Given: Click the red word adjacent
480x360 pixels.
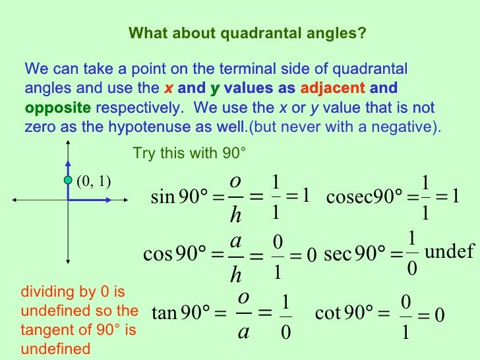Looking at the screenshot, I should [x=333, y=88].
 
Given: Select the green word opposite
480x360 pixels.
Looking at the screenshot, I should [x=57, y=107].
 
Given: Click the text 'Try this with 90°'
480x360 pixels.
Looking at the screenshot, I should [x=189, y=154].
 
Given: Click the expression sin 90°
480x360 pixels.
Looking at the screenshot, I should [x=179, y=197].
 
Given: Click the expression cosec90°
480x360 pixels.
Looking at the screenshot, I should [x=365, y=197].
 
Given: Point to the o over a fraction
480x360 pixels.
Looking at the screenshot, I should [x=244, y=312].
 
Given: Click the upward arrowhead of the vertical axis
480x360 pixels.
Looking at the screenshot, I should [x=67, y=146].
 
